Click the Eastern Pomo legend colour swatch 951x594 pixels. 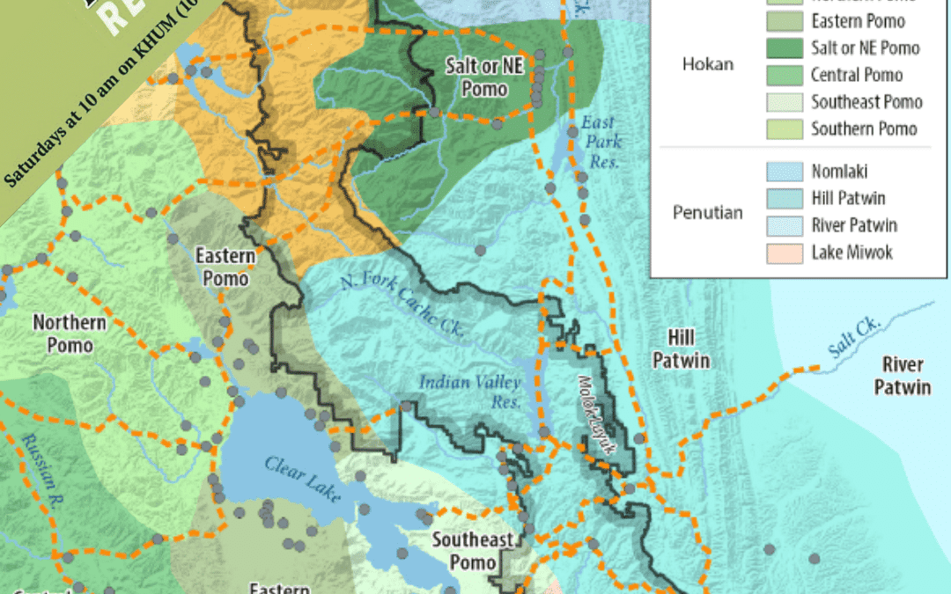click(783, 21)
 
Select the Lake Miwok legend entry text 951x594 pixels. click(851, 253)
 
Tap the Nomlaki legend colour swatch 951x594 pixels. click(783, 172)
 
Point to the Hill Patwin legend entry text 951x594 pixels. click(854, 199)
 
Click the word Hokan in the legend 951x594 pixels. click(708, 63)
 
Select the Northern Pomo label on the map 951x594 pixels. click(70, 333)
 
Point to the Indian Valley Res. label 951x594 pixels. click(469, 392)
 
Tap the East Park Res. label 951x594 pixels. click(601, 142)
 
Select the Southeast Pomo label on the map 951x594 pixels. click(472, 550)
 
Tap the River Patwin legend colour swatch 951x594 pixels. click(783, 226)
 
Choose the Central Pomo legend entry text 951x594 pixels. click(857, 76)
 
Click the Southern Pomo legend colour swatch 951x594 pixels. click(783, 128)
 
